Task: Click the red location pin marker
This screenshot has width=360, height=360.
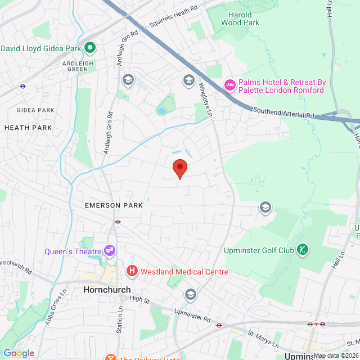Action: click(179, 168)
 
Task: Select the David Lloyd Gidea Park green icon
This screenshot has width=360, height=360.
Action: click(89, 48)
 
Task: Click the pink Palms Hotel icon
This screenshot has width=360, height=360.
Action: click(229, 85)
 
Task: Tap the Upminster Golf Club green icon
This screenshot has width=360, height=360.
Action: click(303, 250)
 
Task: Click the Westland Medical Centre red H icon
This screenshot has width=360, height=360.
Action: click(132, 272)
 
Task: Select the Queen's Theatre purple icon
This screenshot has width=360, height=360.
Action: click(110, 250)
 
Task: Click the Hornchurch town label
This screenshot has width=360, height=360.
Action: click(107, 290)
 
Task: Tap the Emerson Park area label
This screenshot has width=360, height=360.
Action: click(114, 205)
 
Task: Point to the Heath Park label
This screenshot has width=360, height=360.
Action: click(28, 128)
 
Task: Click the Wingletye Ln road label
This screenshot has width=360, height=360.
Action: click(205, 98)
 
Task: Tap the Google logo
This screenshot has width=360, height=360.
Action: click(19, 353)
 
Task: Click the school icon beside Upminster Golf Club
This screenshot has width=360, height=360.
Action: click(265, 208)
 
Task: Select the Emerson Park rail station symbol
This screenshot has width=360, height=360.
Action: click(118, 222)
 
